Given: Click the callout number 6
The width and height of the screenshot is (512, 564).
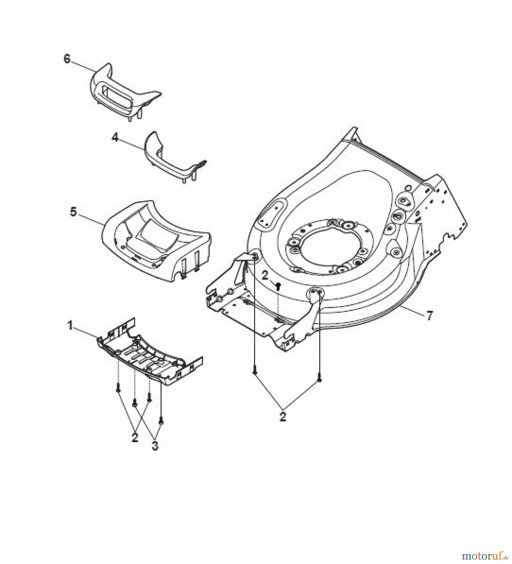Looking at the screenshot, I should coord(67,59).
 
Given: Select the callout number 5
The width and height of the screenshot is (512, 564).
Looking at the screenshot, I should coord(73,211).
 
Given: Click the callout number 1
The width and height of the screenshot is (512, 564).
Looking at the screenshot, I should coord(71,326).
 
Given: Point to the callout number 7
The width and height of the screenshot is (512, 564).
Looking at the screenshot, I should coord(430,315).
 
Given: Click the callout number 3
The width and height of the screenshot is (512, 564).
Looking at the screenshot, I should coord(155,446).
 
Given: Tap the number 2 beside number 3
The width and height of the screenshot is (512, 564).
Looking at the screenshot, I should coord(135,438).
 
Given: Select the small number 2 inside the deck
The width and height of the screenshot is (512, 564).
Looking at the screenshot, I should coord(265,276).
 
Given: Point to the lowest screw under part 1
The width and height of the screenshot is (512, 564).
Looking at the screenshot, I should coord(161,421).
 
